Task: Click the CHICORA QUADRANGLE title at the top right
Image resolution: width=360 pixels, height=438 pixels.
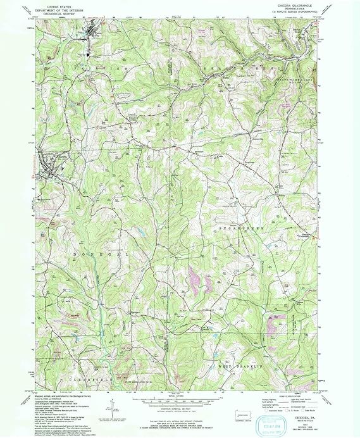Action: click(x=292, y=4)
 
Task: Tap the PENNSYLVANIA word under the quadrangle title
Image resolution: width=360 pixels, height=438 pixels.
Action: click(x=292, y=8)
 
